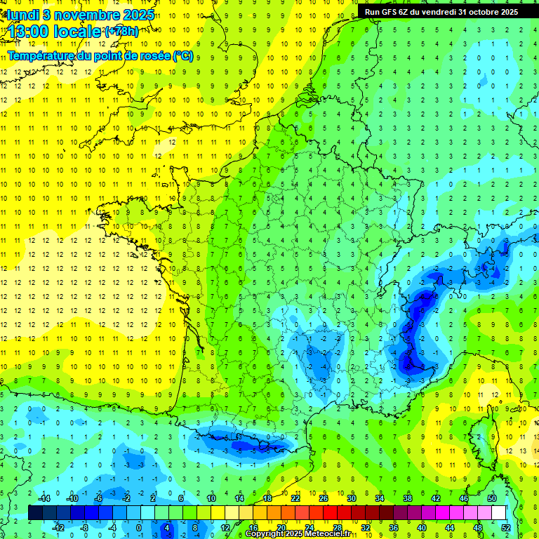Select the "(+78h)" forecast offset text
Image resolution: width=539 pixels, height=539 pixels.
tap(121, 32)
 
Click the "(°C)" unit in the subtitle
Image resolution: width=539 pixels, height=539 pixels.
tap(182, 56)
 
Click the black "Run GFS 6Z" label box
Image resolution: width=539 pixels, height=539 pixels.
tap(441, 11)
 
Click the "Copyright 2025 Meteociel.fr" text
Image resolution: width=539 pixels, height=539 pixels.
tap(298, 534)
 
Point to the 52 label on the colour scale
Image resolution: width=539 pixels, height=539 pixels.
tap(506, 527)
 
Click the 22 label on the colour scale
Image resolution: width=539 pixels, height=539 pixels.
tap(295, 498)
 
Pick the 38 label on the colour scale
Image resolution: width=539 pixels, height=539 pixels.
tap(408, 498)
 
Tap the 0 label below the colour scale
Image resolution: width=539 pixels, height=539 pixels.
tap(138, 527)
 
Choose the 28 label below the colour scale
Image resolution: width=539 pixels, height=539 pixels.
tap(338, 527)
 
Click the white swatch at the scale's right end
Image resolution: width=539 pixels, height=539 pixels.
tap(499, 512)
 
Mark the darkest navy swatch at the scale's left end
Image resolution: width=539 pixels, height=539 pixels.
tap(35, 512)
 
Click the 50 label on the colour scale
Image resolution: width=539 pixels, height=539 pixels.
tap(492, 498)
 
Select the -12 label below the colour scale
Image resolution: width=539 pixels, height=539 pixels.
tap(59, 527)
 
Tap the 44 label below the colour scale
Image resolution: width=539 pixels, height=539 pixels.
tap(450, 527)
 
